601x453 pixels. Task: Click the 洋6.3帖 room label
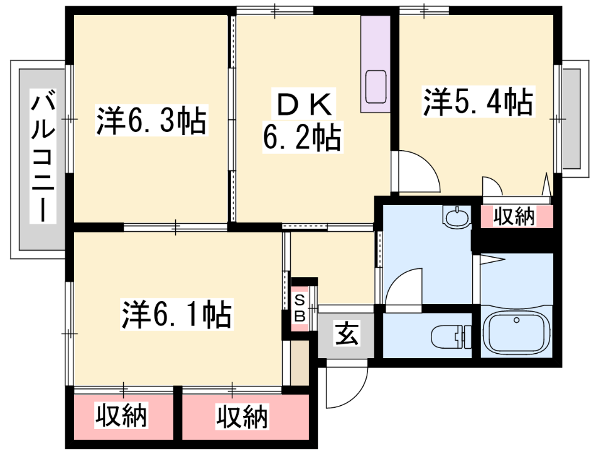click(x=151, y=120)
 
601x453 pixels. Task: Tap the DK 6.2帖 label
click(x=303, y=121)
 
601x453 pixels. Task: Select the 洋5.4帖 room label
click(x=478, y=102)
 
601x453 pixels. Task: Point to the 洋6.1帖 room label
click(x=176, y=315)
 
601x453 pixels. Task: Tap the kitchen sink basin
click(x=376, y=87)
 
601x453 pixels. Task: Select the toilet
click(x=451, y=336)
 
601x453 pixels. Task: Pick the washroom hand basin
click(x=457, y=216)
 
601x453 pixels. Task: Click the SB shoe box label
click(x=300, y=308)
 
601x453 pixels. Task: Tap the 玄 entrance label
click(x=347, y=334)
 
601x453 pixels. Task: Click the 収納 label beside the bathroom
click(x=514, y=217)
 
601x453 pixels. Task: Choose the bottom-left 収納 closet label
click(x=121, y=415)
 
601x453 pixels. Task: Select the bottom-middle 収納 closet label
click(x=242, y=417)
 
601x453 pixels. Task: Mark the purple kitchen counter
click(x=376, y=64)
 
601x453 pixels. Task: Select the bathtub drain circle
click(x=516, y=320)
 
